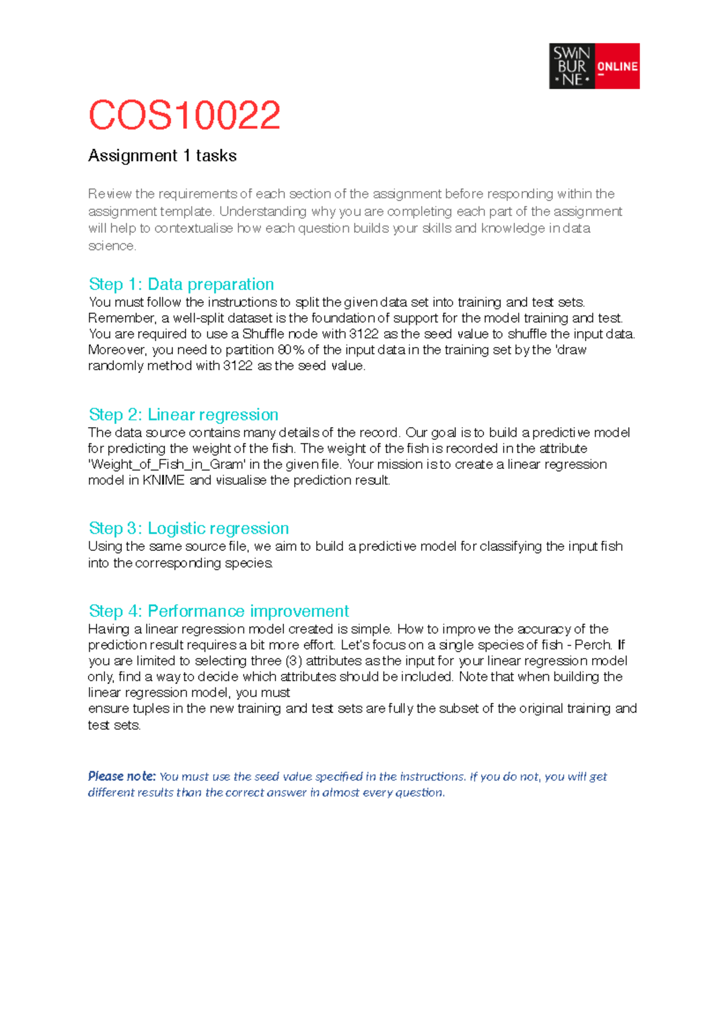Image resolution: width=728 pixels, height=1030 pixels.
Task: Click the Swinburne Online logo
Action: pos(593,66)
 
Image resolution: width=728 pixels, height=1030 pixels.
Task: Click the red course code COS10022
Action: pos(184,115)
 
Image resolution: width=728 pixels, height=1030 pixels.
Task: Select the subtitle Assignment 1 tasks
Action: pos(162,156)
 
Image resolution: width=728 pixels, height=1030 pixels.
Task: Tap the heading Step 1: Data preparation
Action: pos(181,284)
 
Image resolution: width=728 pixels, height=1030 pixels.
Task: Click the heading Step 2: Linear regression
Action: pos(183,414)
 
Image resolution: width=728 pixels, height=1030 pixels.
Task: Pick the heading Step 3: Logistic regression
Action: pos(189,528)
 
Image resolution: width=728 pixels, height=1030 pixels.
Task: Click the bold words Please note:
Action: pos(121,776)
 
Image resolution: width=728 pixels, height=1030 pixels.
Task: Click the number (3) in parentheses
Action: pos(294,661)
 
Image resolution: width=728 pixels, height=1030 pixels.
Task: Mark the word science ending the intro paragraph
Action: pos(111,246)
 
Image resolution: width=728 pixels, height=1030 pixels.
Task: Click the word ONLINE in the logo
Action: pos(617,67)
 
